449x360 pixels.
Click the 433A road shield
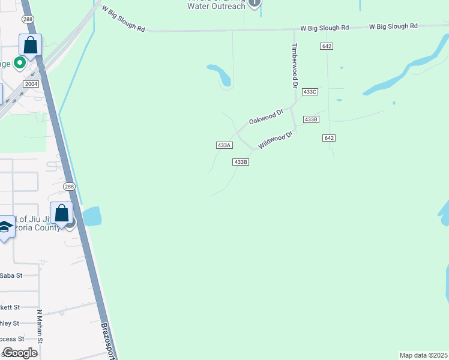coord(224,145)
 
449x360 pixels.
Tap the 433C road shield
coord(310,92)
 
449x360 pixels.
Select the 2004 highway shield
coord(31,84)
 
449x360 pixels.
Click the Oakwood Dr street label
coord(266,116)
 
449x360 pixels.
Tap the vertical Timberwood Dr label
coord(295,66)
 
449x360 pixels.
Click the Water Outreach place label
coord(216,6)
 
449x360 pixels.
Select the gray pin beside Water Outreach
coord(255,3)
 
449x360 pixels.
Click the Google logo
coord(19,352)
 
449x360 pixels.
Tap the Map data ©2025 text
coord(423,355)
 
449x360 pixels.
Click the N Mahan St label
coord(40,327)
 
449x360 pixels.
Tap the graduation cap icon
coord(5,226)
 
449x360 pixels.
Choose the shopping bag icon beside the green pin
coord(30,44)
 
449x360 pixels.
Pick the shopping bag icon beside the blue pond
coord(61,212)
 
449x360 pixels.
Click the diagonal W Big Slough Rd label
coord(124,20)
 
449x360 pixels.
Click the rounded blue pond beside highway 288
coord(92,216)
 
